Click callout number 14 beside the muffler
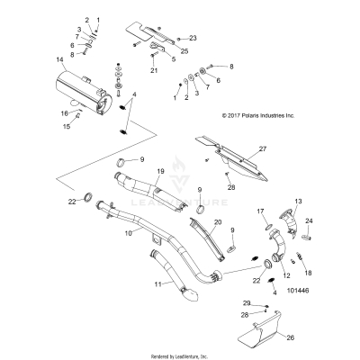pyautogui.click(x=60, y=61)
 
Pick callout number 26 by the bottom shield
pyautogui.click(x=290, y=338)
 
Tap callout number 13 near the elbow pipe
pyautogui.click(x=298, y=201)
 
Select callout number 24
pyautogui.click(x=310, y=220)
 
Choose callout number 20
pyautogui.click(x=216, y=220)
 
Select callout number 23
pyautogui.click(x=192, y=39)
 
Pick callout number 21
pyautogui.click(x=154, y=69)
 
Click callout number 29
pyautogui.click(x=247, y=304)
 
